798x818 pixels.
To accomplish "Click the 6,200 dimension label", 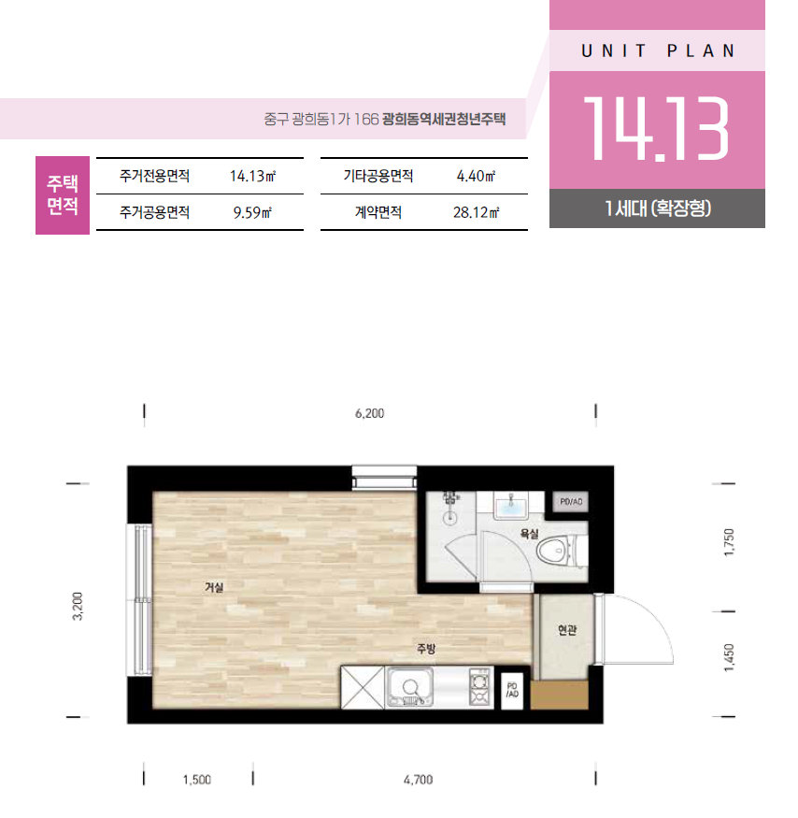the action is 369,413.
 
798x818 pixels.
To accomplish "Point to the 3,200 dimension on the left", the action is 78,606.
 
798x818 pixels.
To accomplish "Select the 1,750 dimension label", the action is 729,542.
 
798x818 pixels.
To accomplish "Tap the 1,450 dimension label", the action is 729,658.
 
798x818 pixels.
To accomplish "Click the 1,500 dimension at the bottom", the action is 196,780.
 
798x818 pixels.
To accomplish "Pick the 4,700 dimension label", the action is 418,780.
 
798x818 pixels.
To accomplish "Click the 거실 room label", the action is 214,587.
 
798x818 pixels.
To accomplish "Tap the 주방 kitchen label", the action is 425,649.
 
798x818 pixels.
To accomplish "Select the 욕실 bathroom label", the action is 529,533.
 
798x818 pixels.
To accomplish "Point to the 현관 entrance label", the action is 567,630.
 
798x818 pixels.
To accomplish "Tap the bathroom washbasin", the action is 511,507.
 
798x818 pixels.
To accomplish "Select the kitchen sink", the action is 410,687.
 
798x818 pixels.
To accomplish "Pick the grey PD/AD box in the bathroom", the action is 571,501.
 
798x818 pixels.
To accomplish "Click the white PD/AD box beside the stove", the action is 512,691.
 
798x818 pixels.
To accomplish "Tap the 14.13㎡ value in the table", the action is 252,176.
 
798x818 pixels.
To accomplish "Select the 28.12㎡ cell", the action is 476,212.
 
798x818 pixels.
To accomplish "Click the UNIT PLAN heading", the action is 658,50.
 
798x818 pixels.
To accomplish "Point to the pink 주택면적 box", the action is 63,195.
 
